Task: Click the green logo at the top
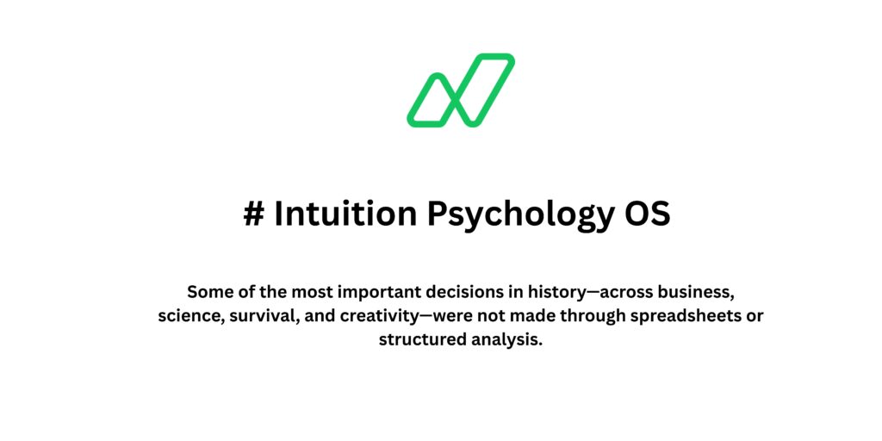(x=461, y=90)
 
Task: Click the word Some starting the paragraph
(x=207, y=291)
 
